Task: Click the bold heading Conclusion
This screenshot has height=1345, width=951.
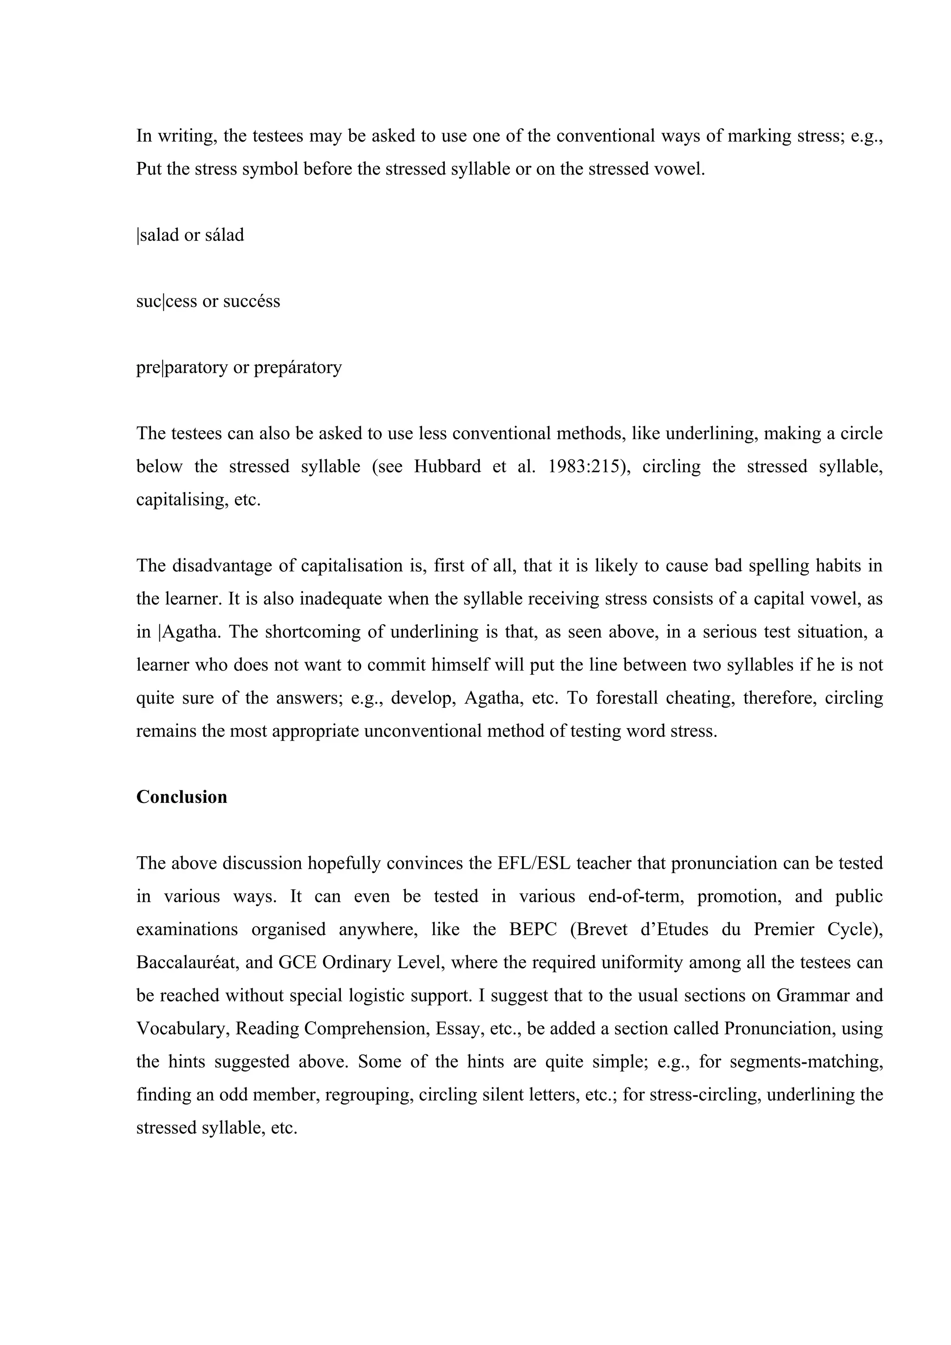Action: [x=182, y=797]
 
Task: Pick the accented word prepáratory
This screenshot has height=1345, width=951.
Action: [x=298, y=368]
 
